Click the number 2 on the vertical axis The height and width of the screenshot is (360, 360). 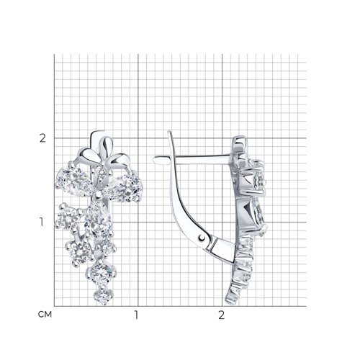[42, 138]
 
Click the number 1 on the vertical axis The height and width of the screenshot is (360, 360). [42, 222]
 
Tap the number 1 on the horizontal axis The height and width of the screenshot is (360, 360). [136, 315]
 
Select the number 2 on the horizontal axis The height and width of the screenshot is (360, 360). [222, 315]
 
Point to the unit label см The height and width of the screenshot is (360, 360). [45, 315]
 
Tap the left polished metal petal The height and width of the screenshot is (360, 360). [87, 155]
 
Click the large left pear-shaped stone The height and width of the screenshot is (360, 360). [74, 182]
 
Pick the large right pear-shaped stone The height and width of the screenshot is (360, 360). [124, 187]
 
